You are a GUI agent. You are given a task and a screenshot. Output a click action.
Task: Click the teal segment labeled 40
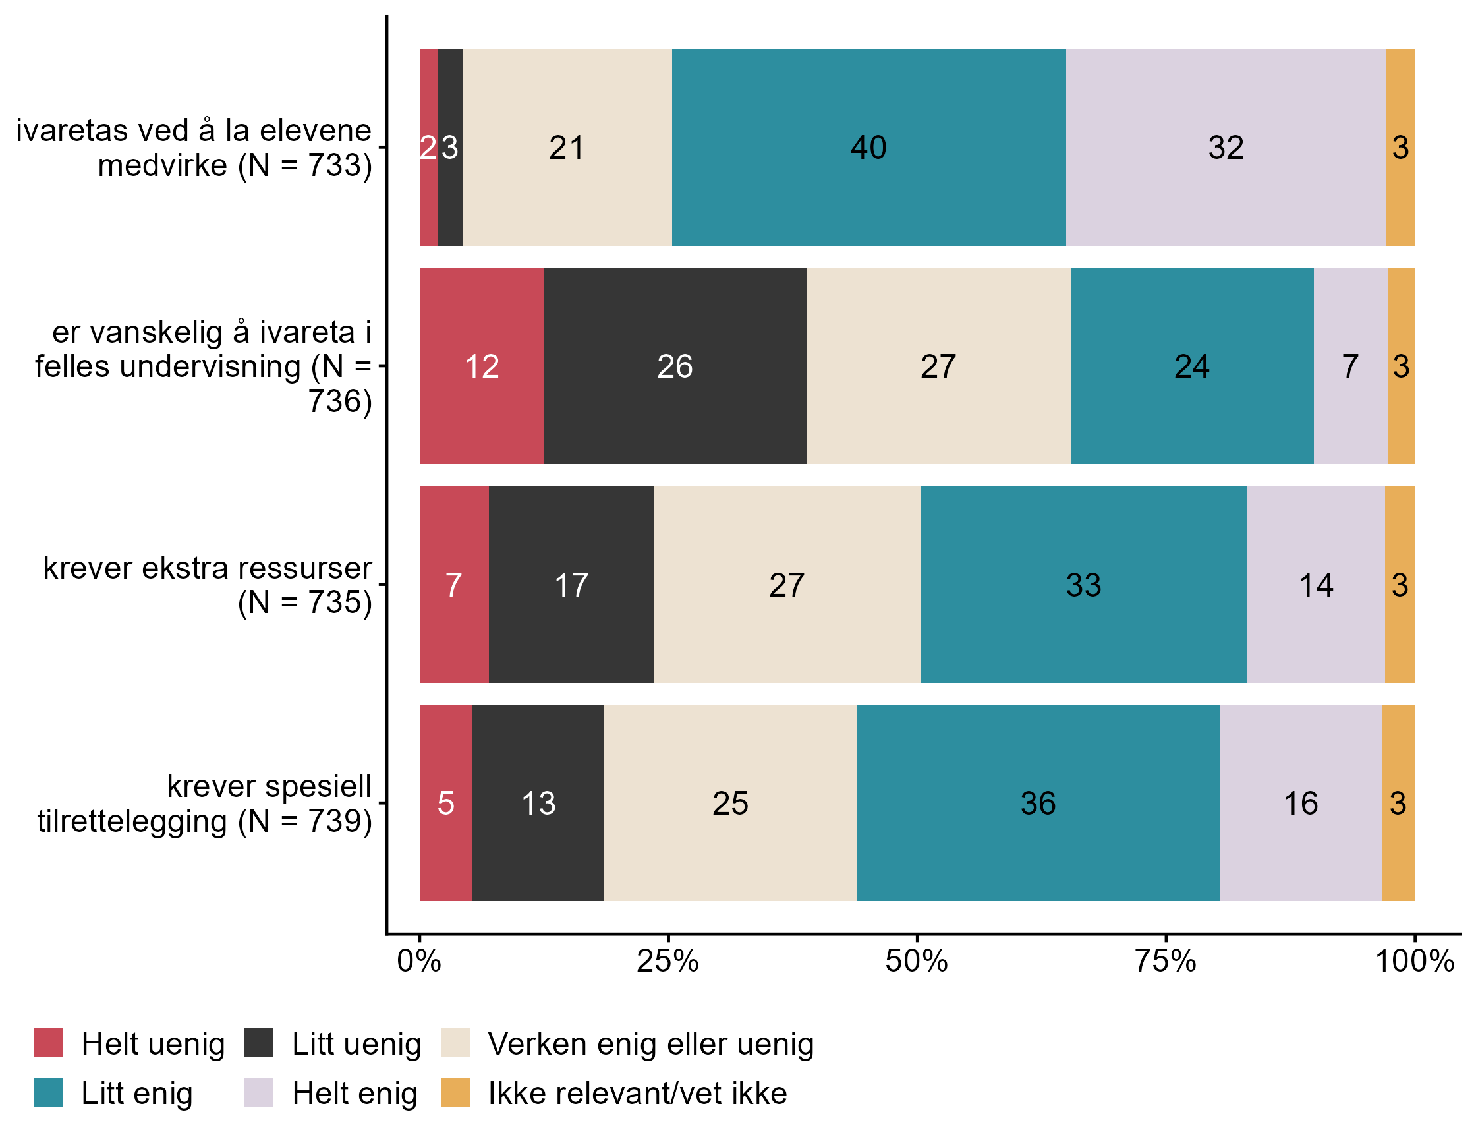tap(868, 148)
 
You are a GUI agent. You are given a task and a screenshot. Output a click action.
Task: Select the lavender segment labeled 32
tap(1225, 148)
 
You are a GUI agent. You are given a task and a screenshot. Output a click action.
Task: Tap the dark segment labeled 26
tap(675, 366)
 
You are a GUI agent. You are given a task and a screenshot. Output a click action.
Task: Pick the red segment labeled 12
tap(481, 366)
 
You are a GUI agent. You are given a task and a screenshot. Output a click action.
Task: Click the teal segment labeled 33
tap(1083, 584)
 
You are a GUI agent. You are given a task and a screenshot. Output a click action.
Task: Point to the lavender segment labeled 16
tap(1300, 802)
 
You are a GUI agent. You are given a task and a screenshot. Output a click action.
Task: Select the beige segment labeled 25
tap(730, 802)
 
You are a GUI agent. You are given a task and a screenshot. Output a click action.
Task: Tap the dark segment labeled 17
tap(571, 584)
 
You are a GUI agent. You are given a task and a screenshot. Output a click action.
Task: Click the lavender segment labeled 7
tap(1350, 366)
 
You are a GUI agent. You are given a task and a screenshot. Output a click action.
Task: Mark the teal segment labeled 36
tap(1038, 802)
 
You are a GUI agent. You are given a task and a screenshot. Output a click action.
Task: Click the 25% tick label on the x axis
tap(667, 961)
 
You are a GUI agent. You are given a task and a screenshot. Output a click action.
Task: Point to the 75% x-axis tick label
tap(1166, 961)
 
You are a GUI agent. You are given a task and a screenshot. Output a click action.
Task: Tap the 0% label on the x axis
tap(419, 961)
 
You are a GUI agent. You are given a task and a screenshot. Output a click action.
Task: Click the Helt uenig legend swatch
tap(49, 1043)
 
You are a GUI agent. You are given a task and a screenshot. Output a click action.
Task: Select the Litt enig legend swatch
tap(49, 1092)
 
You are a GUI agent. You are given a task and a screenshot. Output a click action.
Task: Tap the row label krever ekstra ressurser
tap(207, 585)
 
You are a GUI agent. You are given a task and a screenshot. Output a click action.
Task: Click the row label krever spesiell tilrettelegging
tap(204, 804)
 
